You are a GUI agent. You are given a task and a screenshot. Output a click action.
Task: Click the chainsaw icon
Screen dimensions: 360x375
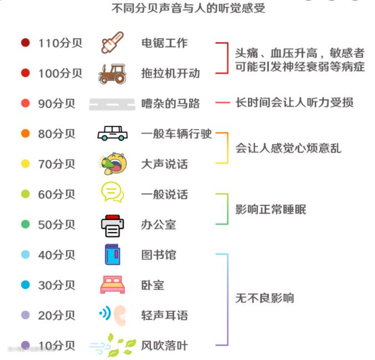pyautogui.click(x=113, y=43)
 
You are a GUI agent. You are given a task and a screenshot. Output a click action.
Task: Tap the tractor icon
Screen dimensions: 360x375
pyautogui.click(x=112, y=73)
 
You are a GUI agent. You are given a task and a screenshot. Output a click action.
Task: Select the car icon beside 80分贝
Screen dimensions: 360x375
pyautogui.click(x=112, y=134)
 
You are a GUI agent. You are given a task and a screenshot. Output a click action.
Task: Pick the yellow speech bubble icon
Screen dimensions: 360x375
pyautogui.click(x=112, y=192)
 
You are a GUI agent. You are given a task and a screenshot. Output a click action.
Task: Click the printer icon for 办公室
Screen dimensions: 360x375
pyautogui.click(x=112, y=225)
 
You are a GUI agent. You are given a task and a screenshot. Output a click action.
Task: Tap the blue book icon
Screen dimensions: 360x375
pyautogui.click(x=113, y=255)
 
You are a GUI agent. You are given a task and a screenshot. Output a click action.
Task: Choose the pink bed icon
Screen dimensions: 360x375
pyautogui.click(x=112, y=285)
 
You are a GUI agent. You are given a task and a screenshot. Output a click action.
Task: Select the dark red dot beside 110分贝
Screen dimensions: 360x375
pyautogui.click(x=25, y=43)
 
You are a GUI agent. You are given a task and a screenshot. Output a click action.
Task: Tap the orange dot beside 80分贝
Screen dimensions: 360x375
pyautogui.click(x=25, y=134)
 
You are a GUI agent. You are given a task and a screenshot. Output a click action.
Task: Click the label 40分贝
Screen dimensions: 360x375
pyautogui.click(x=57, y=255)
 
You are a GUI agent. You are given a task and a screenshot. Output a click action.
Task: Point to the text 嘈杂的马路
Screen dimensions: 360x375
pyautogui.click(x=170, y=104)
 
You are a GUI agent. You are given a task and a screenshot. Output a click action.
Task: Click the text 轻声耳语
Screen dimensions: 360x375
pyautogui.click(x=165, y=316)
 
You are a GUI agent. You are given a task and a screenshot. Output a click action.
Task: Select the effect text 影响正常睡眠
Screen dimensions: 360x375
pyautogui.click(x=271, y=209)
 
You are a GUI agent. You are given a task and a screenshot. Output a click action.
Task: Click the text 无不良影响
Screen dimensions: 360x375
pyautogui.click(x=265, y=298)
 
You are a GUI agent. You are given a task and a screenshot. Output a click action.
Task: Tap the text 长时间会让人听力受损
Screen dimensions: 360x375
pyautogui.click(x=294, y=103)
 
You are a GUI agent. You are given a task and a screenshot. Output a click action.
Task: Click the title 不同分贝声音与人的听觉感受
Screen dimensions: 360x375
pyautogui.click(x=188, y=8)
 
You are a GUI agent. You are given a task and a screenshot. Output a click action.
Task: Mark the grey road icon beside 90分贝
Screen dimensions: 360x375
pyautogui.click(x=112, y=104)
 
